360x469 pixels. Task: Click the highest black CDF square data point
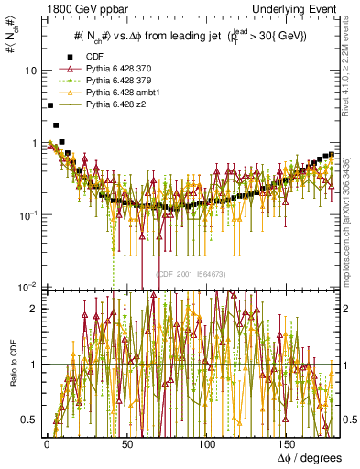pos(49,106)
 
